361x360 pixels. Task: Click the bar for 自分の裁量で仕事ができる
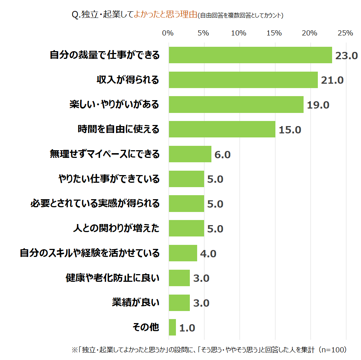250,55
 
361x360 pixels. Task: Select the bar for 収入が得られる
243,80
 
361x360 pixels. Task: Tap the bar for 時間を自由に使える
222,129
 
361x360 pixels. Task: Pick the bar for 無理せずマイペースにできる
190,154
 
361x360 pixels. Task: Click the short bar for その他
172,327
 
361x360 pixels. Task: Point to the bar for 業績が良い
179,303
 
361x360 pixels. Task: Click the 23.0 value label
346,56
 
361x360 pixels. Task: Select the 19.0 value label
318,105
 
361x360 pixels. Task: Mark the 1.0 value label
187,328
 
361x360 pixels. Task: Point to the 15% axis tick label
274,33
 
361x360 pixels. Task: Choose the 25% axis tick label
345,33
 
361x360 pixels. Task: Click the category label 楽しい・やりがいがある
114,105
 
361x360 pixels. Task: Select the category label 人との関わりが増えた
116,228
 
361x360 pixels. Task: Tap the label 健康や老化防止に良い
112,278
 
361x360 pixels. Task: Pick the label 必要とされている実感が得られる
95,204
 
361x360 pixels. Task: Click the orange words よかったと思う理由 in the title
165,15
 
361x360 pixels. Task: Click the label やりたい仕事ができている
109,179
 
